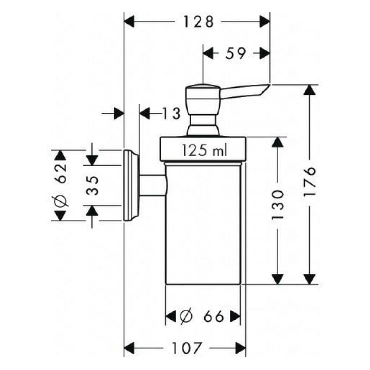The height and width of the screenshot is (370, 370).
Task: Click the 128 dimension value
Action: pos(198,22)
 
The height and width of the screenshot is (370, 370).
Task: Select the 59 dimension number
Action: pos(235,53)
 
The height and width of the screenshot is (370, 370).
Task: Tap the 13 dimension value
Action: pos(172,113)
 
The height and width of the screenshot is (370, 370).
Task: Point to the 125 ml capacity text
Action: pos(204,150)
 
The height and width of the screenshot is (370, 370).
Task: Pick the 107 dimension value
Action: pos(187,348)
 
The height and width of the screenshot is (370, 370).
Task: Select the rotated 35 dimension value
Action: pos(92,185)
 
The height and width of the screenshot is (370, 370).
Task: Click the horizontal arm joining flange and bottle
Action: pos(153,185)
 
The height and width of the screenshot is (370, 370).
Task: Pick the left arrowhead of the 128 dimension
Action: pos(129,22)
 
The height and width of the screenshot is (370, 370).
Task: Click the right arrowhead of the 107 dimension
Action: pos(241,348)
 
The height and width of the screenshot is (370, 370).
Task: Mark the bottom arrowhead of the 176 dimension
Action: pos(310,279)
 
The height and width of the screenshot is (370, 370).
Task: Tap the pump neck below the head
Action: pos(203,125)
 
